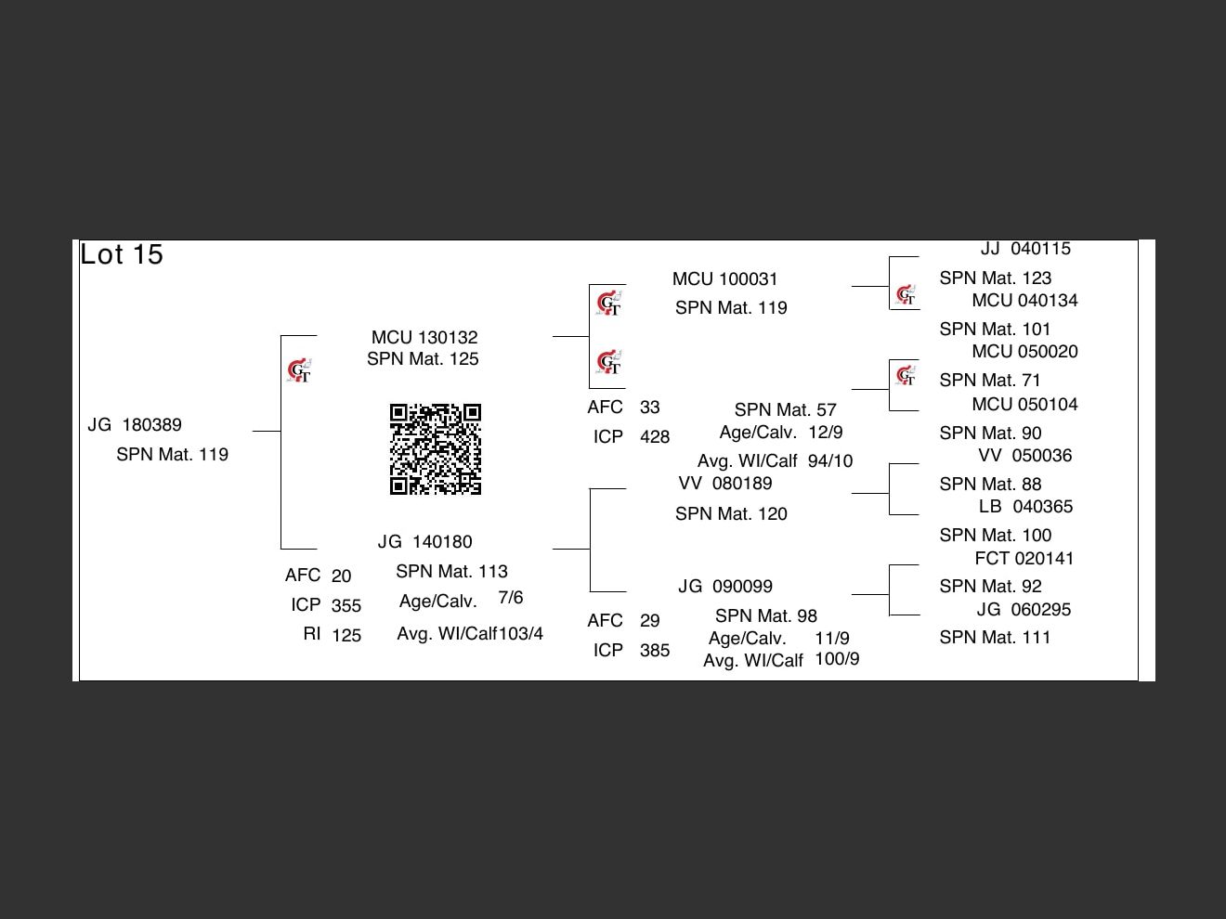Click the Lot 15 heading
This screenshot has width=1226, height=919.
pos(122,254)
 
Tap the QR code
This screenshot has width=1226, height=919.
pos(436,449)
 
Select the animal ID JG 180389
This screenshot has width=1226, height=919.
pos(135,425)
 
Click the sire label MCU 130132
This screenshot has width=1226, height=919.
pos(424,337)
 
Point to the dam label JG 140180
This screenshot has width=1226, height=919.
pos(424,542)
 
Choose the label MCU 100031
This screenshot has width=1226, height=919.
pos(725,279)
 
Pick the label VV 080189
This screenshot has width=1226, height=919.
pos(725,484)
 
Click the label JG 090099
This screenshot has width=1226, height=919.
pos(725,587)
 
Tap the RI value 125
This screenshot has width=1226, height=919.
pos(346,636)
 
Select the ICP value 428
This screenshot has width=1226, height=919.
pos(655,437)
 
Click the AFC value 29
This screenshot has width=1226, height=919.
pos(649,621)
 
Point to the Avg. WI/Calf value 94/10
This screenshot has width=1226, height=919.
pos(830,461)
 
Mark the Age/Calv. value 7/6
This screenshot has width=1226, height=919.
pos(511,598)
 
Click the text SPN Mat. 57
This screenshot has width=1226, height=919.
pos(785,410)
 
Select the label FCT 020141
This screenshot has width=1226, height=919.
pos(1024,559)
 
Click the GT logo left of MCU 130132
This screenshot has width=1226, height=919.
pos(299,371)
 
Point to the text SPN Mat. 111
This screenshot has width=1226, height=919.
pos(995,638)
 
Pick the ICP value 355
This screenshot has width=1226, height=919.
pos(346,606)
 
